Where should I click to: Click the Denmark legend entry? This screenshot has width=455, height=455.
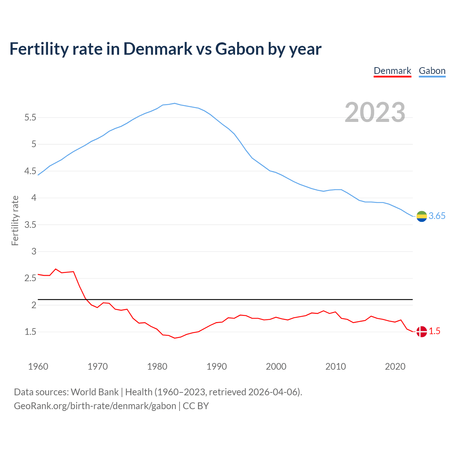[392, 71]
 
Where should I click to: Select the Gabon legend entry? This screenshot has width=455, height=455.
[432, 71]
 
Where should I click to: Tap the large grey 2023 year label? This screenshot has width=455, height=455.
[375, 112]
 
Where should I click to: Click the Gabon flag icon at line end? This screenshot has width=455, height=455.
[422, 216]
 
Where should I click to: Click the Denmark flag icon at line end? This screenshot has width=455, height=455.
[422, 332]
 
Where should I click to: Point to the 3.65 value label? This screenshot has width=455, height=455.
[437, 216]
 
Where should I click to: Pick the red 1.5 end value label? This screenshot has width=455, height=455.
[434, 331]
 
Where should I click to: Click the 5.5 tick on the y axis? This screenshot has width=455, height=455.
[30, 118]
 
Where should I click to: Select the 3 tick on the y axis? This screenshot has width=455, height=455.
[34, 252]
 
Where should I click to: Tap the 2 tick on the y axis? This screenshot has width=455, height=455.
[34, 305]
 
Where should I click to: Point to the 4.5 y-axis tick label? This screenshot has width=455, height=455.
[30, 171]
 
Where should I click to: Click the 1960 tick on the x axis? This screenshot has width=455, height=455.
[38, 366]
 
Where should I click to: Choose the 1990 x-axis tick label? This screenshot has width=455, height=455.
[216, 366]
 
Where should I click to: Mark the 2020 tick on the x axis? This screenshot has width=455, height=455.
[395, 366]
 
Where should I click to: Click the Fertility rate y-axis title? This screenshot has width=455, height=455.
[15, 220]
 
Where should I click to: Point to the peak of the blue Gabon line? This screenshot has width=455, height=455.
[175, 103]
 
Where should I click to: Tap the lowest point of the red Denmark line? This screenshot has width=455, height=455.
[175, 338]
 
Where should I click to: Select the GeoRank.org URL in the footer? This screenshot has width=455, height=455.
[95, 406]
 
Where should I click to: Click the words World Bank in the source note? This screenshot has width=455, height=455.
[95, 392]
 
